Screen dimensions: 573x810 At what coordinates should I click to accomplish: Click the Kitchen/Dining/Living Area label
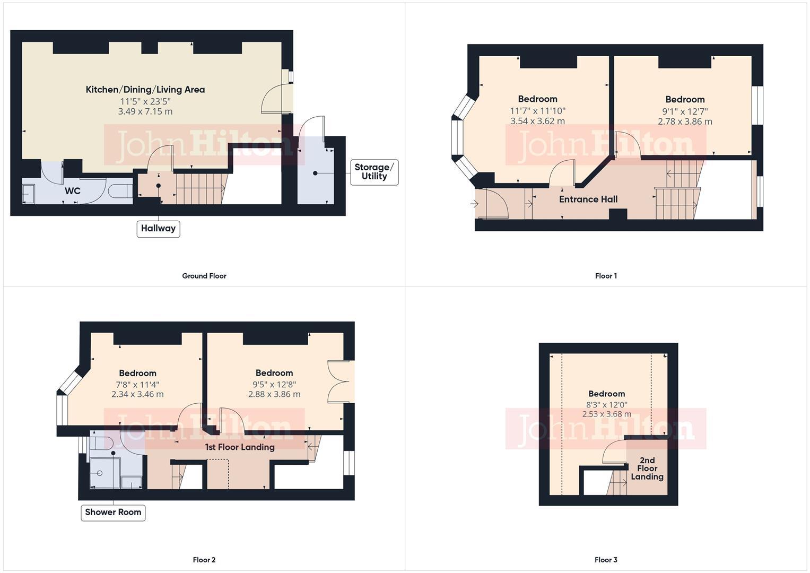(x=145, y=90)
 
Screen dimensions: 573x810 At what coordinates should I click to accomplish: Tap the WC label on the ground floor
(x=73, y=191)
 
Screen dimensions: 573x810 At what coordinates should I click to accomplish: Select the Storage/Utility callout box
(x=374, y=172)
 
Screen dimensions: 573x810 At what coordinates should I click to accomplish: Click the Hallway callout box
(x=158, y=229)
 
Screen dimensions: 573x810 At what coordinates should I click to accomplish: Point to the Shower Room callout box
(x=113, y=513)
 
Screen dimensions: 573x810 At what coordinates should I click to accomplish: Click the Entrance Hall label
(x=588, y=199)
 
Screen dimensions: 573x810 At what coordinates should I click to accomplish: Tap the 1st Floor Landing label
(x=240, y=447)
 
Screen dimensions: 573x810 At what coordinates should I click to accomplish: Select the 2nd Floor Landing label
(x=647, y=468)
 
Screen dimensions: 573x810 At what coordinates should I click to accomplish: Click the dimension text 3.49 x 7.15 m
(x=145, y=111)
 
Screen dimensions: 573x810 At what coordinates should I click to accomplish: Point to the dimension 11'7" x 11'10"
(x=537, y=111)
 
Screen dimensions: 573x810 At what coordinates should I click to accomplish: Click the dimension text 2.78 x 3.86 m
(x=685, y=121)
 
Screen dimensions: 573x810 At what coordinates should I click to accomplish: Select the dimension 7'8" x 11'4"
(x=137, y=385)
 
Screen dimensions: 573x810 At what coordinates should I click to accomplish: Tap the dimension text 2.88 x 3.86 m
(x=274, y=394)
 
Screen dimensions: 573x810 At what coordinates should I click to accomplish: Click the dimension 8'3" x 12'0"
(x=606, y=404)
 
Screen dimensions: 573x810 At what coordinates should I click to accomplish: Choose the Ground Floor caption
(x=204, y=276)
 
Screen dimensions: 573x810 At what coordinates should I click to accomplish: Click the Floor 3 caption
(x=606, y=560)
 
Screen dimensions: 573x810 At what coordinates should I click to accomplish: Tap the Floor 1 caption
(x=606, y=276)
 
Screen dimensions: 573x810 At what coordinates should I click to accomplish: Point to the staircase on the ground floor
(x=200, y=188)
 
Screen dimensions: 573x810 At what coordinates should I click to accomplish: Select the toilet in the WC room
(x=119, y=191)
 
